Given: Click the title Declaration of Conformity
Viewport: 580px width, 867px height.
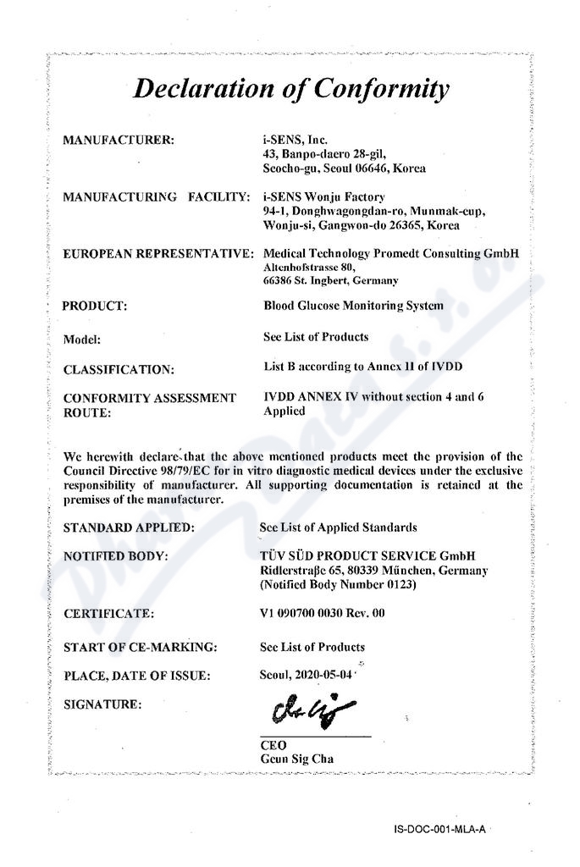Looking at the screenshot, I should [x=290, y=89].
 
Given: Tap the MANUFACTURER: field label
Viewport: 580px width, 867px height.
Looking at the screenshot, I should [x=119, y=139].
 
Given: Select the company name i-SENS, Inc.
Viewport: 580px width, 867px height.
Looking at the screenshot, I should [x=296, y=139].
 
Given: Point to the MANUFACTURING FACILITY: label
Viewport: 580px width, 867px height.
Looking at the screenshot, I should [x=156, y=197].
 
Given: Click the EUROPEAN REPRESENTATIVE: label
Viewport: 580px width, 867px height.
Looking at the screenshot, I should [x=158, y=253].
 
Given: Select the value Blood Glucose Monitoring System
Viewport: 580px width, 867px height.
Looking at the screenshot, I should [x=353, y=306].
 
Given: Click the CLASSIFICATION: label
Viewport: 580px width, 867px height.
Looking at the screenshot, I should [x=119, y=369].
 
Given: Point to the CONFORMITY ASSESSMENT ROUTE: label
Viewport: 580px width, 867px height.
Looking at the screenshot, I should [x=150, y=406].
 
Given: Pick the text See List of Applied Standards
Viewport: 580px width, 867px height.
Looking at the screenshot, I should [x=339, y=527].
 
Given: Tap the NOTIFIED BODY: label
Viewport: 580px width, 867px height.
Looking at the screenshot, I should [x=115, y=556].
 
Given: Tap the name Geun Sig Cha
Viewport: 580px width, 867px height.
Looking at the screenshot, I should [x=297, y=759].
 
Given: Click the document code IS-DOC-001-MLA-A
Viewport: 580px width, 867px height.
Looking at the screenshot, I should [x=439, y=831].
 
